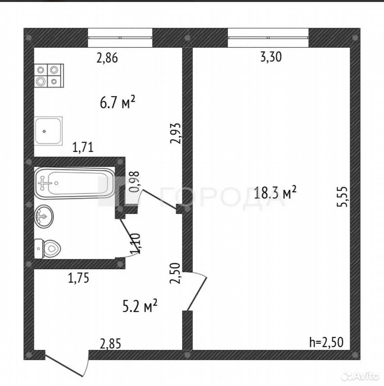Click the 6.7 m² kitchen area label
pyautogui.click(x=118, y=103)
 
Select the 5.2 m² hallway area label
pyautogui.click(x=140, y=306)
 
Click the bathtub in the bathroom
pyautogui.click(x=75, y=183)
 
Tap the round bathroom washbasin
pyautogui.click(x=44, y=216)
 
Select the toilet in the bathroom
pyautogui.click(x=47, y=248)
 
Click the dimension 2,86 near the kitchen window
pyautogui.click(x=107, y=58)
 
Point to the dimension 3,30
pyautogui.click(x=271, y=57)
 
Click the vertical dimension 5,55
pyautogui.click(x=342, y=197)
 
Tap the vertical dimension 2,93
pyautogui.click(x=176, y=133)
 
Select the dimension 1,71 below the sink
pyautogui.click(x=83, y=147)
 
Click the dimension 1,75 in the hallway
pyautogui.click(x=78, y=278)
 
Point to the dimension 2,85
pyautogui.click(x=110, y=344)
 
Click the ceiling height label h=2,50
pyautogui.click(x=326, y=342)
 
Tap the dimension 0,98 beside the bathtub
pyautogui.click(x=134, y=182)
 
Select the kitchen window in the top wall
pyautogui.click(x=120, y=38)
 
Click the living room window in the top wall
pyautogui.click(x=268, y=38)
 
